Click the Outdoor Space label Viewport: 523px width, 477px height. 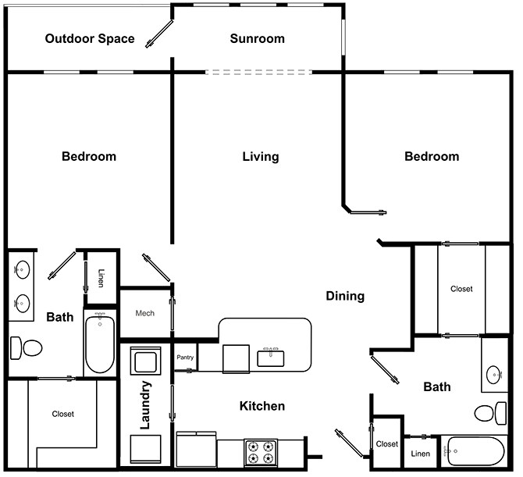(x=90, y=38)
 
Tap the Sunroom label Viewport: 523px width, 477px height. (x=257, y=38)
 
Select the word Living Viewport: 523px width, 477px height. (x=260, y=157)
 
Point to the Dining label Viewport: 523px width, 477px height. (x=345, y=296)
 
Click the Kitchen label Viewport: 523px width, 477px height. (x=261, y=406)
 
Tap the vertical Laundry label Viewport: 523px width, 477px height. (x=144, y=406)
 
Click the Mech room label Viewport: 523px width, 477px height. (x=144, y=313)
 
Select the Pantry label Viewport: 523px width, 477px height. (x=185, y=358)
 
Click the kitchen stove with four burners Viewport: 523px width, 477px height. (x=261, y=452)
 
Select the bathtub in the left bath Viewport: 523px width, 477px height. (x=99, y=344)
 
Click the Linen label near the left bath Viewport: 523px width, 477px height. (x=101, y=278)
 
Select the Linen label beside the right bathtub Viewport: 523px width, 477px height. (x=419, y=454)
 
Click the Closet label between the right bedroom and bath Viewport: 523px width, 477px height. (x=461, y=289)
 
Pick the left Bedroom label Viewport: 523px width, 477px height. (x=89, y=157)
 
